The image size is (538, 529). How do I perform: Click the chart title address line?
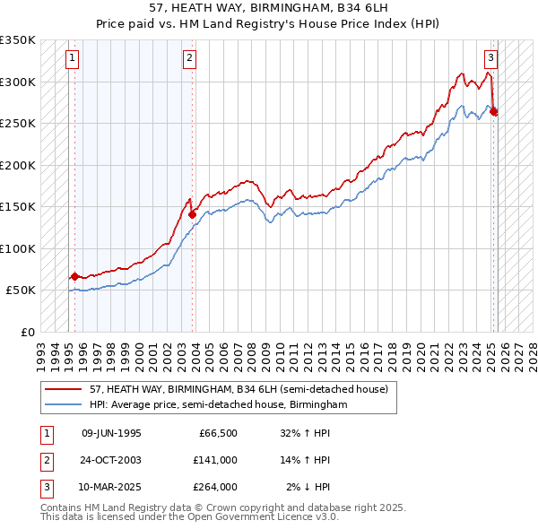tap(269, 8)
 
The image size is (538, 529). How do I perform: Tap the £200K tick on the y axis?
tap(18, 165)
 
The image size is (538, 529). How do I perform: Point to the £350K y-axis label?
tap(18, 40)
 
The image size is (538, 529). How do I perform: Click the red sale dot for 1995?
tap(74, 276)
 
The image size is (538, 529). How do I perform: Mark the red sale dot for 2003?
tap(192, 213)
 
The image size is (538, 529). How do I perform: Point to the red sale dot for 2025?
tap(494, 111)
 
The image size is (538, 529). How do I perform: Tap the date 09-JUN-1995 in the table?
tap(111, 434)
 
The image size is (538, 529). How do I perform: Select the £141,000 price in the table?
tap(215, 461)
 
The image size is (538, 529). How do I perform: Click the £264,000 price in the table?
tap(215, 488)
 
